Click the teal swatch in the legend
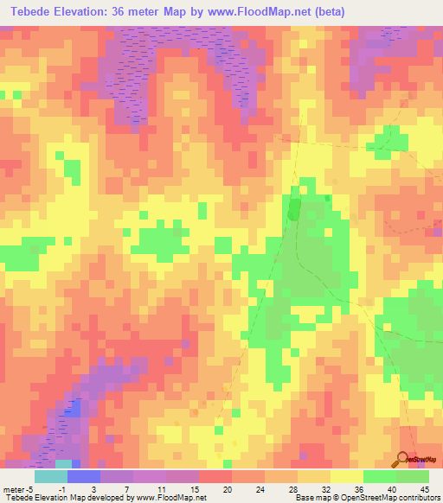point(51,476)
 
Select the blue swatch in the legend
point(84,476)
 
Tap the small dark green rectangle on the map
point(293,208)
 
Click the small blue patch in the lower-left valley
point(75,408)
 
